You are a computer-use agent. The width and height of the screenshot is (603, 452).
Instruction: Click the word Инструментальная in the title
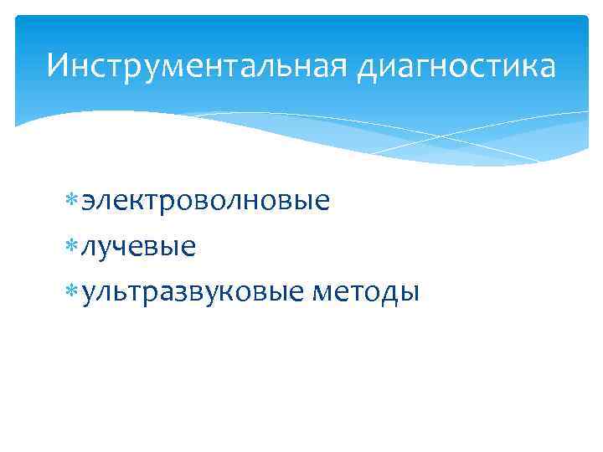[197, 65]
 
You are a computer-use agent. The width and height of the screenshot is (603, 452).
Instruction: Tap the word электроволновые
[205, 202]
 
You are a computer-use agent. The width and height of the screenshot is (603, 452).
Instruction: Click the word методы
[364, 292]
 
